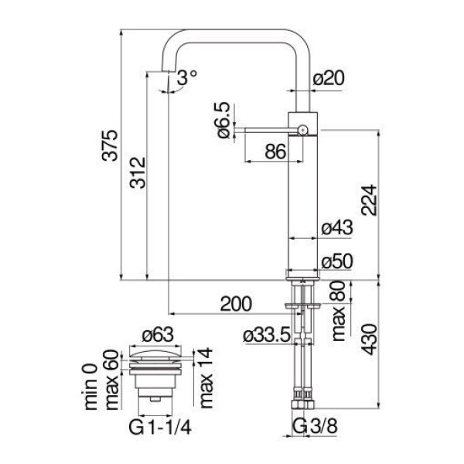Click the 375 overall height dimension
click(110, 145)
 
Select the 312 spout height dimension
click(138, 172)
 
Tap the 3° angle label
click(187, 78)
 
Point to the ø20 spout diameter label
click(329, 78)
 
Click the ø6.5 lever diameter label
click(223, 120)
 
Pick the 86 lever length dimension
click(275, 152)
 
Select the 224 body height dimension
click(369, 200)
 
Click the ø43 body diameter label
click(337, 228)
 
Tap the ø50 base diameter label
click(337, 261)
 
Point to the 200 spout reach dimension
click(236, 304)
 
